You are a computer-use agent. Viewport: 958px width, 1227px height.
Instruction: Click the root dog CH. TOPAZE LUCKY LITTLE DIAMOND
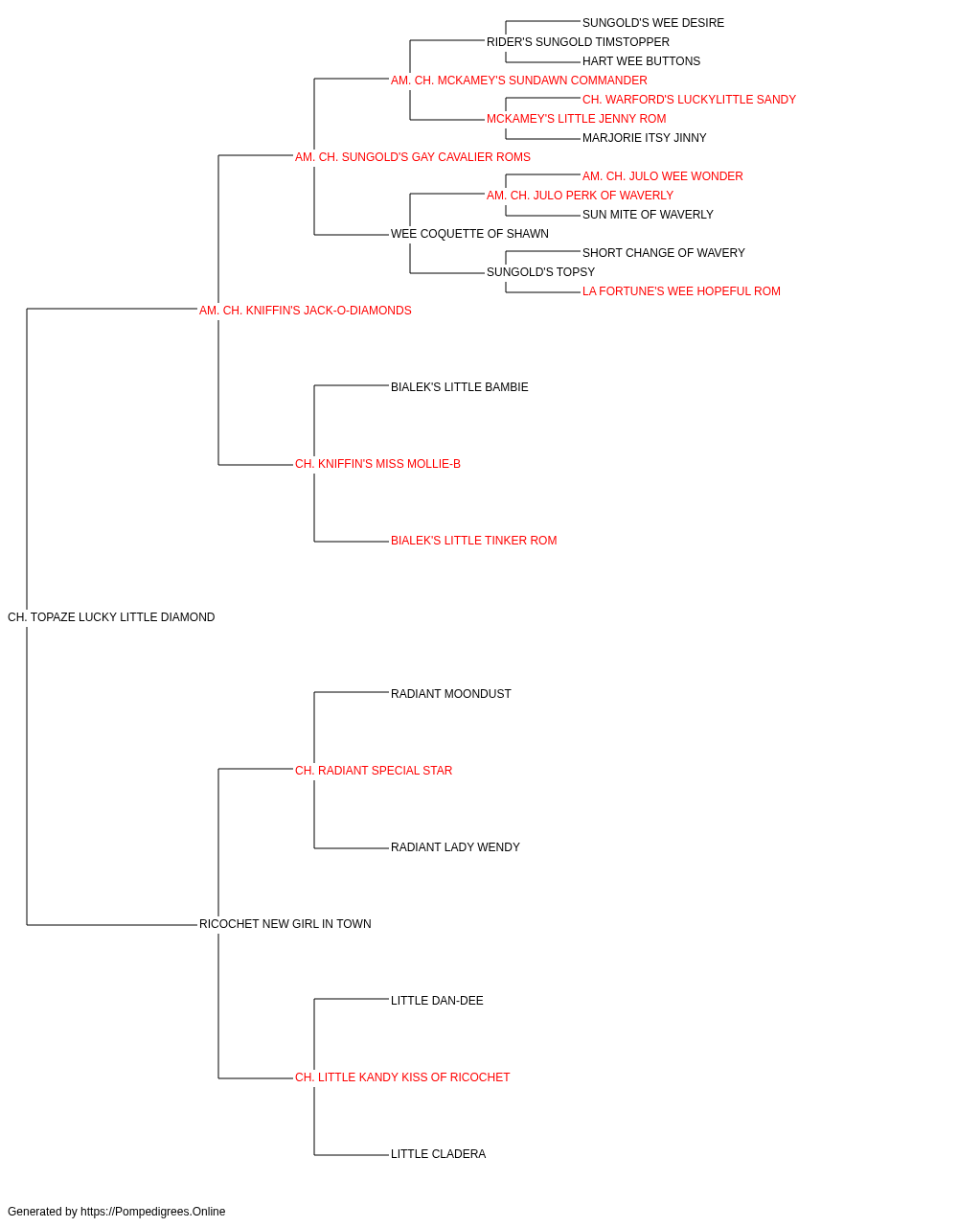(x=111, y=617)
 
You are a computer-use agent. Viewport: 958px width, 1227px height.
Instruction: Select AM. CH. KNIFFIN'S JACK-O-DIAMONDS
(x=306, y=311)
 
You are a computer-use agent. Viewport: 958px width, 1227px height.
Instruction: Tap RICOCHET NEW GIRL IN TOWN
(x=285, y=924)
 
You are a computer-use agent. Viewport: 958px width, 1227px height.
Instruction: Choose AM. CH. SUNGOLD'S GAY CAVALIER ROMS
(x=413, y=157)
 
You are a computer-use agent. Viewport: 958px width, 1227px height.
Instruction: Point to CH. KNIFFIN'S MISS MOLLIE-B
(x=377, y=464)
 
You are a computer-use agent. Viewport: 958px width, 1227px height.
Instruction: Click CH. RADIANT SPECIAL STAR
(x=374, y=770)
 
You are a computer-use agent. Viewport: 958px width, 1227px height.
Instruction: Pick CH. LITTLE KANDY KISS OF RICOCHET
(x=402, y=1077)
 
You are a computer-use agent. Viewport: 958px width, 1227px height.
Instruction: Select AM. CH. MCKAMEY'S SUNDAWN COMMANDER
(x=519, y=81)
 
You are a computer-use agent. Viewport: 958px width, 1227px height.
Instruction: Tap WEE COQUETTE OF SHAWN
(x=469, y=234)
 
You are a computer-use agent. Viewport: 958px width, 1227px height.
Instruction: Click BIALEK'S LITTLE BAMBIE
(x=459, y=386)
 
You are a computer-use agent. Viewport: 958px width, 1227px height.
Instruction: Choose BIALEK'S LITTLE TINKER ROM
(x=474, y=541)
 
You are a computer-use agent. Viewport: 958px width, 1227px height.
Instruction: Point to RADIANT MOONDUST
(x=451, y=693)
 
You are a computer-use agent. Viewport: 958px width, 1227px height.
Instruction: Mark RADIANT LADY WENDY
(x=455, y=847)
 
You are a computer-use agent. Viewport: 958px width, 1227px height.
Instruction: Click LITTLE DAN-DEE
(x=437, y=1000)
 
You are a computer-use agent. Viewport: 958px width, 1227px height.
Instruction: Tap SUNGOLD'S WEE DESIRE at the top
(x=652, y=23)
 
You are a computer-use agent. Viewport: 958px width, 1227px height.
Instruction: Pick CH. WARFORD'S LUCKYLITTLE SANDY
(x=689, y=100)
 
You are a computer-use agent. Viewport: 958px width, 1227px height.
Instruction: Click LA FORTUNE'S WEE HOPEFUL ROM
(x=681, y=291)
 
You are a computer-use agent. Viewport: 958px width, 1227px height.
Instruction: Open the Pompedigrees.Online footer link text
(x=152, y=1212)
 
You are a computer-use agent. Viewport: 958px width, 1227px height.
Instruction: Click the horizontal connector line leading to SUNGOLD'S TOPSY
(x=447, y=273)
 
